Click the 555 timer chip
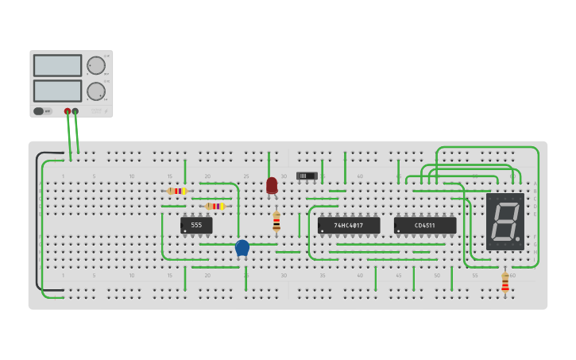pos(196,226)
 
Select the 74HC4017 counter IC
pos(348,226)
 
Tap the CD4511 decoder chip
pos(424,226)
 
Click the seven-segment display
pos(504,222)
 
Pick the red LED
pos(272,186)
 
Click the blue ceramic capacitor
pos(242,248)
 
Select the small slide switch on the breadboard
pos(307,175)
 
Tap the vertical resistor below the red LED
pos(276,222)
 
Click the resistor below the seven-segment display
pos(504,283)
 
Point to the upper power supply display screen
pos(58,65)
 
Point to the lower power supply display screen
pos(58,91)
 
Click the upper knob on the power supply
pos(95,65)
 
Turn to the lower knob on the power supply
pos(95,91)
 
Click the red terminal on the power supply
pos(68,111)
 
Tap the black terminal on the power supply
pos(75,111)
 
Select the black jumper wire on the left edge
pos(37,223)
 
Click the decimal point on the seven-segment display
pos(518,238)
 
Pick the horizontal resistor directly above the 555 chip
pos(215,206)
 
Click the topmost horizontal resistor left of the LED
pos(177,191)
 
